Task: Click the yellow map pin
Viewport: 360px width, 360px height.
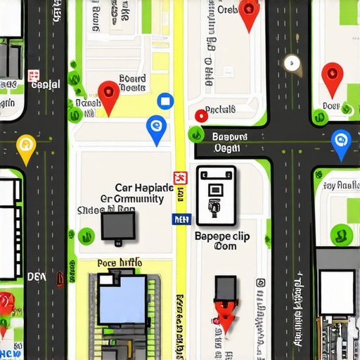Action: coord(26,146)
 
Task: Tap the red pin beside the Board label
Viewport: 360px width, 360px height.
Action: coord(108,96)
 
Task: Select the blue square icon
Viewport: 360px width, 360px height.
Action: coord(165,101)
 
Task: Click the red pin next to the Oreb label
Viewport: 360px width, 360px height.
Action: coord(248,13)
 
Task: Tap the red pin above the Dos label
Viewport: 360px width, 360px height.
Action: coord(332,77)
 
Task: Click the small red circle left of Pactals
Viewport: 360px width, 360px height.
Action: coord(200,114)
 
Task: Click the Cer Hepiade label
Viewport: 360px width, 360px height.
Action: coord(143,188)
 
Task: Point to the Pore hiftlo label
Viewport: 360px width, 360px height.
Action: coord(120,263)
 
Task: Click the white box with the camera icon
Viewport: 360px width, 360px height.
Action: coord(215,191)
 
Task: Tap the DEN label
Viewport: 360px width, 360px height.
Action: coord(37,276)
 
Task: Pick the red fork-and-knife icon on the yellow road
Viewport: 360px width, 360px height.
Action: coord(179,178)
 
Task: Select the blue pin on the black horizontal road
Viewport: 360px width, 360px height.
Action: coord(340,143)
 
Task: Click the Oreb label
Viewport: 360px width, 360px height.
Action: coord(228,10)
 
